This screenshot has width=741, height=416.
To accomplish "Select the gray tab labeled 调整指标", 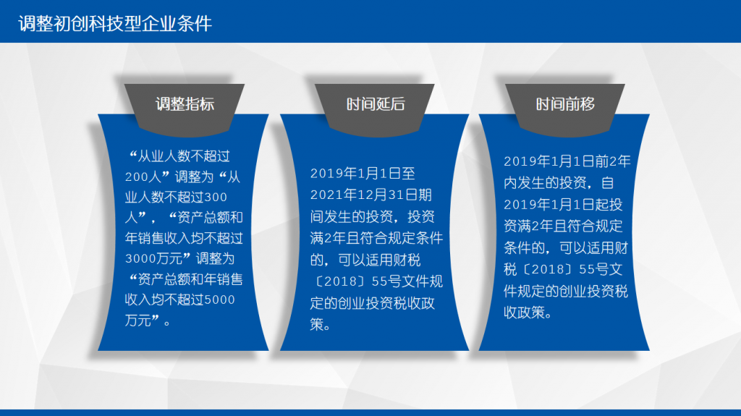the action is [x=185, y=109].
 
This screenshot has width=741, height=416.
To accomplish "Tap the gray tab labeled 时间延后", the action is [x=375, y=109].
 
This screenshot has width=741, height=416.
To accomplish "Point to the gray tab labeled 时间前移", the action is [x=565, y=109].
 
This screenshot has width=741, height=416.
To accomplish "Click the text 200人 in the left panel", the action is [x=143, y=177].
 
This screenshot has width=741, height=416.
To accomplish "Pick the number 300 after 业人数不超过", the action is [x=216, y=197].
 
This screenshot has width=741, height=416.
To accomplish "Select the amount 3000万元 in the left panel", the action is [x=153, y=258].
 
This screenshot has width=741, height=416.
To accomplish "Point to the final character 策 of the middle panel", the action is [x=317, y=324].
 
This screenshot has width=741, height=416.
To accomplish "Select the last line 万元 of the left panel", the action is [x=138, y=321].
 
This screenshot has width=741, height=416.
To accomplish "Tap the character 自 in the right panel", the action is [x=607, y=183].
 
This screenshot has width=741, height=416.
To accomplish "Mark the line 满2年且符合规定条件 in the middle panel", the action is [x=376, y=238].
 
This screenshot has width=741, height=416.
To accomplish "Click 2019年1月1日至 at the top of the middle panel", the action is [x=363, y=174].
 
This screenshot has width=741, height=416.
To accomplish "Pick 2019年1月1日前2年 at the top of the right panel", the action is [x=567, y=161].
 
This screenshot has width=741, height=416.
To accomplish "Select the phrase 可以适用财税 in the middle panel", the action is [x=379, y=260].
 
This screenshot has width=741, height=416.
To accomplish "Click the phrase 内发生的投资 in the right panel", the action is [x=545, y=183].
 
